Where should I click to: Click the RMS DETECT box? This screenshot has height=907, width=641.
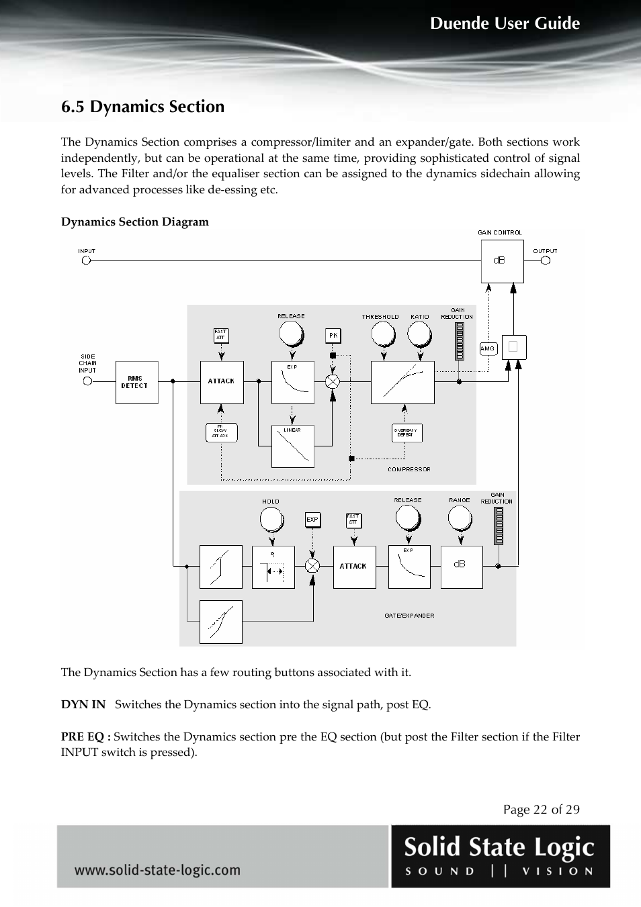point(136,382)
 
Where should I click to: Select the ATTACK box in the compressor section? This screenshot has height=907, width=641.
point(221,382)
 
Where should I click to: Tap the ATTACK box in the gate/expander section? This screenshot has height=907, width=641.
point(354,567)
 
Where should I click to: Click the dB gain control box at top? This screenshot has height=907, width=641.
point(502,261)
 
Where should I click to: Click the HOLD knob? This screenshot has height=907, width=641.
point(271,518)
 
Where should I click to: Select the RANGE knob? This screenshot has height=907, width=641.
point(460,517)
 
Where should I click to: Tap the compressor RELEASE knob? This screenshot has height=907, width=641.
point(291,333)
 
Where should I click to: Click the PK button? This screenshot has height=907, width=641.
point(333,335)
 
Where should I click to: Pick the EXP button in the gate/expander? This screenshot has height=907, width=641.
point(312,520)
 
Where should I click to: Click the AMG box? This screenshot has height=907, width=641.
point(488,348)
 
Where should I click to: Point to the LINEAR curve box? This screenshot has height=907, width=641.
point(292,446)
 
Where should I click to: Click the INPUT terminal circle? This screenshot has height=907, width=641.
point(86,260)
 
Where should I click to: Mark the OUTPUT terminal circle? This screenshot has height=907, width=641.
point(545,260)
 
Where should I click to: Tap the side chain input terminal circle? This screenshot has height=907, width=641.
point(87,381)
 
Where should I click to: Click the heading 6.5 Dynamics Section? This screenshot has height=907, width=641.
point(142,107)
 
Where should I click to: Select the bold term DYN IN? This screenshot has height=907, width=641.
point(83,704)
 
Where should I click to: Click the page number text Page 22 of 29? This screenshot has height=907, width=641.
point(541,809)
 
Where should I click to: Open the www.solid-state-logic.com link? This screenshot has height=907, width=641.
point(157,870)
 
